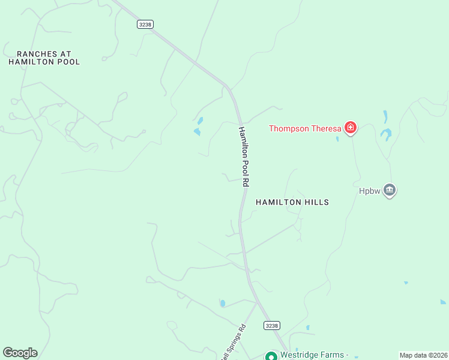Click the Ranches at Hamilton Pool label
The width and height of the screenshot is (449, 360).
coord(44,58)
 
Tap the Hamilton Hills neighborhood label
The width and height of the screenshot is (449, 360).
coord(292,202)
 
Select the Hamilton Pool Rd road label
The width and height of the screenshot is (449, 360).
coord(243,156)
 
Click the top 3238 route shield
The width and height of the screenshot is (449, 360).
coord(145,24)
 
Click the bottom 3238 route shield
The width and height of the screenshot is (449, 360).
coord(271,325)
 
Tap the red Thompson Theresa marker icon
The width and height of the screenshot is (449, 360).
coord(350,127)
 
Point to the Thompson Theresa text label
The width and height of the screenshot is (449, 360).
coord(304,128)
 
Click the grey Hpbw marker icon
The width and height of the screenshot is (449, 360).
coord(390,191)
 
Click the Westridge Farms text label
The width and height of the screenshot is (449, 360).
coord(312,355)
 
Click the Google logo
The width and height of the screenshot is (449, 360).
coord(20,353)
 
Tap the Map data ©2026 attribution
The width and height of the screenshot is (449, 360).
coord(423,355)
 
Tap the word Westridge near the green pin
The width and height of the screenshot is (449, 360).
coord(298,355)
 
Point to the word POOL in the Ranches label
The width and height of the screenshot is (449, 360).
coord(68,62)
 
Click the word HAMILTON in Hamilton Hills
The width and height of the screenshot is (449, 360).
coord(279,202)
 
